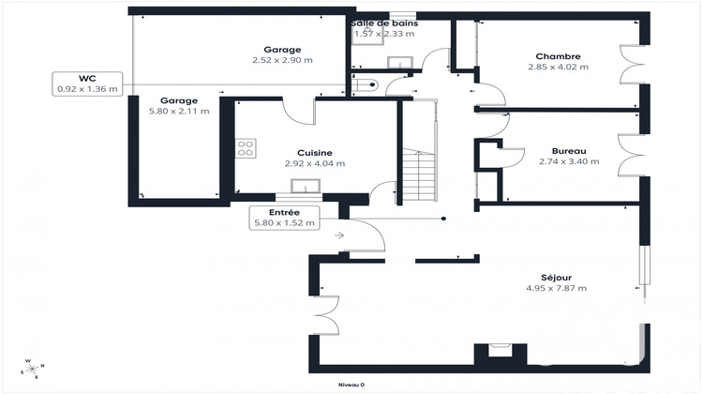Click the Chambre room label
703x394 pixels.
(558, 55)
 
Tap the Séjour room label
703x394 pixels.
(556, 277)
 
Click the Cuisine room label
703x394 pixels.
(315, 152)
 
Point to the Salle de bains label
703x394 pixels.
(384, 23)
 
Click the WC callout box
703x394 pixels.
(88, 83)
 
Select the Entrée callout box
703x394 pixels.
(285, 218)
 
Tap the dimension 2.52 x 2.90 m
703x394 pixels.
(282, 60)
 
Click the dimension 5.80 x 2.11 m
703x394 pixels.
(177, 111)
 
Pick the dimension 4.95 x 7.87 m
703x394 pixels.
(556, 288)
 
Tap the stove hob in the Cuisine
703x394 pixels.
(246, 148)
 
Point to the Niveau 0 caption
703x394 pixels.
(351, 385)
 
